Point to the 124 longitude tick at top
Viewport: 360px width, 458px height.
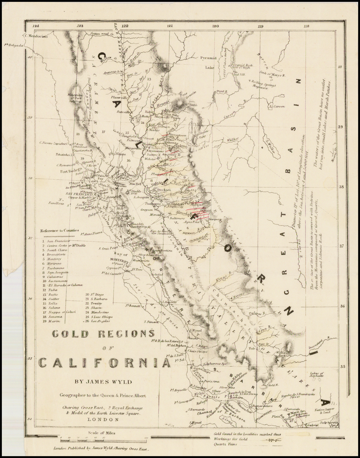coord(35,26)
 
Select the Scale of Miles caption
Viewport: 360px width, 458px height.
coord(102,433)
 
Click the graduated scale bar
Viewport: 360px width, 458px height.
coord(103,438)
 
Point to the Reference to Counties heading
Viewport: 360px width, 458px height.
coord(59,231)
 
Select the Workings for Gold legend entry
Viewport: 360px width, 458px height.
coord(231,439)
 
